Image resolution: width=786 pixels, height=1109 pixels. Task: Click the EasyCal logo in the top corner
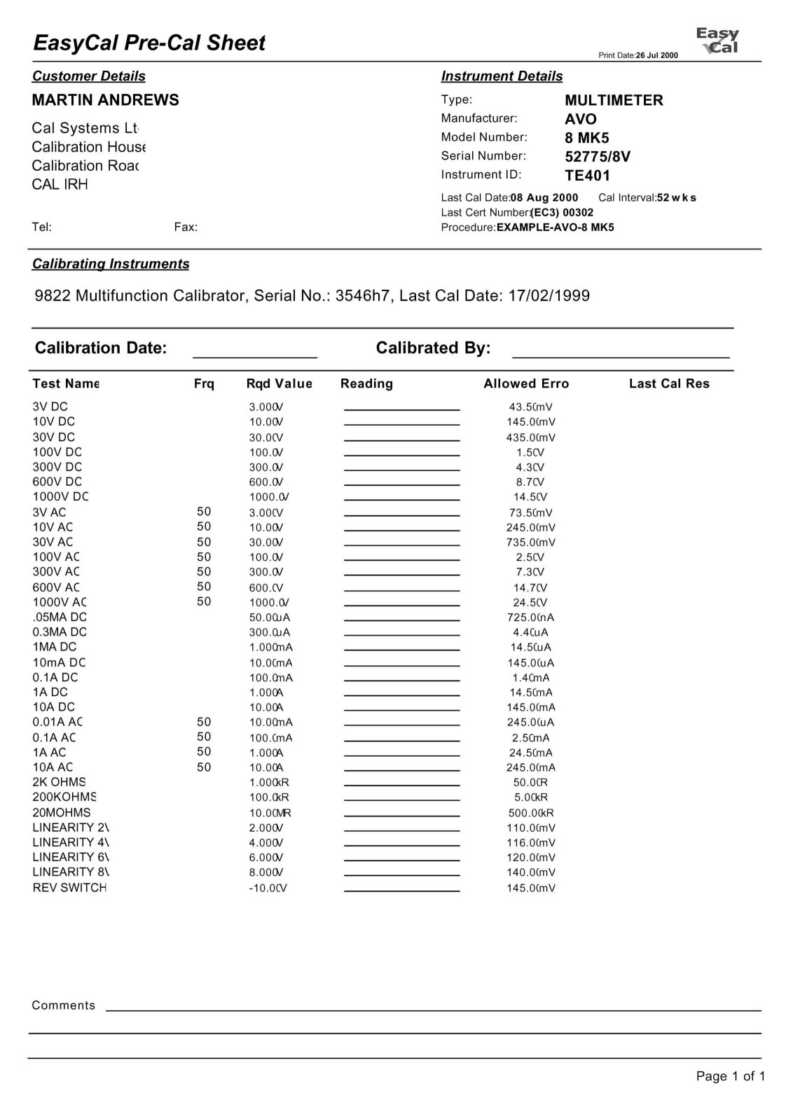[x=717, y=41]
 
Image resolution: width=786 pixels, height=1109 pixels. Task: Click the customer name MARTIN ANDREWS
[x=106, y=100]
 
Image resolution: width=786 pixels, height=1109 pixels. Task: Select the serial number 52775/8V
[x=598, y=157]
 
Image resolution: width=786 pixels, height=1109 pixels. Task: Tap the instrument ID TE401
[x=588, y=176]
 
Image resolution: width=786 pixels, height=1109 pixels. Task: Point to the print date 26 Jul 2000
[x=656, y=55]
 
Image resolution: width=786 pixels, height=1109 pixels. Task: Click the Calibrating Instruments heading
[x=111, y=264]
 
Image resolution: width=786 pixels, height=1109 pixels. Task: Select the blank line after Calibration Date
[x=255, y=356]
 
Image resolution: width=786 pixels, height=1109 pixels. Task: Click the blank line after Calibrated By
[x=621, y=356]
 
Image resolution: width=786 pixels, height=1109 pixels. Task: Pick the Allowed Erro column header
[x=526, y=384]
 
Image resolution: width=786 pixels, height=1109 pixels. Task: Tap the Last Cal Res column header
[x=669, y=384]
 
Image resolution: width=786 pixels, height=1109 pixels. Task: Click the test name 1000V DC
[x=61, y=497]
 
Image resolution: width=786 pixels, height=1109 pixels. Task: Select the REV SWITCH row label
[x=69, y=888]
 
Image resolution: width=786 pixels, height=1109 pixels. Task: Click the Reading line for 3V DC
[x=402, y=408]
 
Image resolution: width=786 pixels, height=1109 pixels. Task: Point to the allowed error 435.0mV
[x=531, y=438]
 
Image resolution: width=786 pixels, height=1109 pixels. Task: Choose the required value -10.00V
[x=268, y=888]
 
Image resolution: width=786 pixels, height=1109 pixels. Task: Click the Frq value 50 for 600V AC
[x=204, y=587]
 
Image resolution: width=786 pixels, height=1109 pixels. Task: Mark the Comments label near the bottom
[x=64, y=1005]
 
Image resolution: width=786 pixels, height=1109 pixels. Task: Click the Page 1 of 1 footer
[x=730, y=1076]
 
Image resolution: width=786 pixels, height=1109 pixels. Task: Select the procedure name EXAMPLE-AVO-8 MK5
[x=555, y=228]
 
